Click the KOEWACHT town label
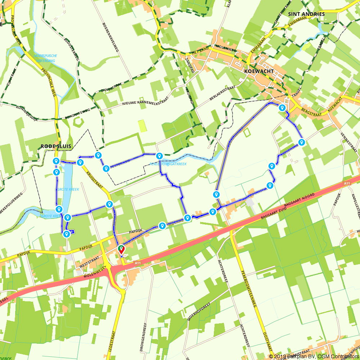coord(259,71)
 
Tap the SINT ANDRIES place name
coord(306,14)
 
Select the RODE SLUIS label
coord(56,146)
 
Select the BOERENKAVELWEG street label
coord(111,38)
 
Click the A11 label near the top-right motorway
coord(347,184)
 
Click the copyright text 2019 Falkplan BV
coord(292,356)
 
